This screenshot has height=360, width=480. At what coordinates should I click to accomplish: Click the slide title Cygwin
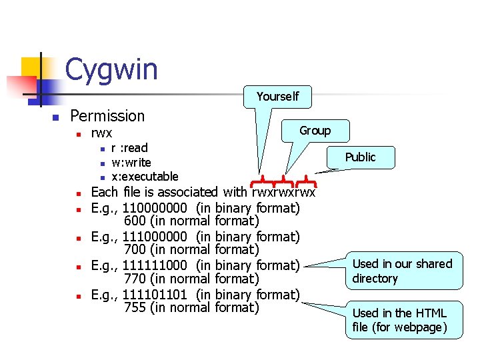tap(111, 69)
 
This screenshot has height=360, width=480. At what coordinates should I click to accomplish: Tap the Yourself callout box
tap(277, 97)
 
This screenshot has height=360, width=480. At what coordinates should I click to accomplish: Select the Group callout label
tap(315, 131)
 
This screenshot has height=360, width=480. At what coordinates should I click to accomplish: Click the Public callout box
tap(360, 157)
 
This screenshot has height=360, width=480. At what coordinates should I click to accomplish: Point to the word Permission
tap(107, 116)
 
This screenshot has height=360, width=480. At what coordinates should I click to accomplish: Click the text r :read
tap(129, 148)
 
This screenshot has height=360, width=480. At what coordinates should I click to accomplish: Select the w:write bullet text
tap(131, 163)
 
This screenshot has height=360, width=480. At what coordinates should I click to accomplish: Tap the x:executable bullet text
tap(145, 177)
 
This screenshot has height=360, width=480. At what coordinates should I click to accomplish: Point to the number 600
tap(135, 221)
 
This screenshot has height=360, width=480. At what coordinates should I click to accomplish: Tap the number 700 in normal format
tap(135, 250)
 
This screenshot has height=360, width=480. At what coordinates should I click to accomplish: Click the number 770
tap(135, 279)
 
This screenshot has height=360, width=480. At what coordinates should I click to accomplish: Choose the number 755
tap(135, 307)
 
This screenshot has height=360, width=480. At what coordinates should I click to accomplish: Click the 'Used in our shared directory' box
tap(402, 271)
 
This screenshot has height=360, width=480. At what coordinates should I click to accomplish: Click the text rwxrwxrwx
tap(283, 193)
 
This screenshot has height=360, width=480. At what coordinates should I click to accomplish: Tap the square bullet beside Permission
tap(57, 117)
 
